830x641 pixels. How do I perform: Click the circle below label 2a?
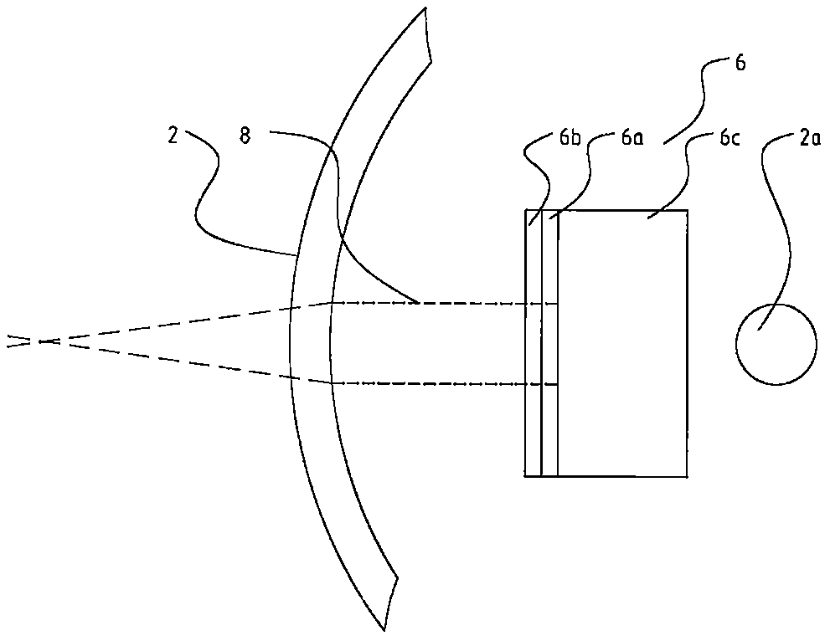[776, 344]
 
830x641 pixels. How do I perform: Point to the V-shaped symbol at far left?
[14, 341]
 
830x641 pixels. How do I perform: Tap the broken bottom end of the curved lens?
[389, 603]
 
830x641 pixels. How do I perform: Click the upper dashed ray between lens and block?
[436, 302]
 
